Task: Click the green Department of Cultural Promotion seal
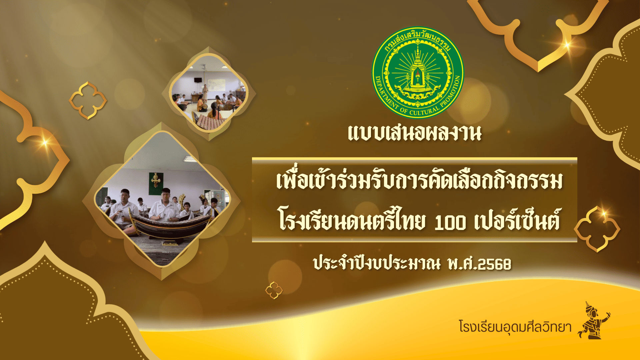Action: click(418, 72)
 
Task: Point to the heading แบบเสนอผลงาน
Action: click(415, 133)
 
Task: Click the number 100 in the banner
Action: click(450, 222)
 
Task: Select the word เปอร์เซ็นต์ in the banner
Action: click(518, 220)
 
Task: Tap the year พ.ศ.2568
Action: click(480, 264)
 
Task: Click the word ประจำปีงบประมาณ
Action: click(377, 263)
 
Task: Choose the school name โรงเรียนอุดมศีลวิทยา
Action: click(515, 327)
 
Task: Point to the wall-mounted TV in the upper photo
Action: click(198, 80)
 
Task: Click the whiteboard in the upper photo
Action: click(217, 85)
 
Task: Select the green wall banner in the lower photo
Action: click(155, 184)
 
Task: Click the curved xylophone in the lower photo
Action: click(170, 227)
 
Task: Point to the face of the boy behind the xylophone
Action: click(166, 194)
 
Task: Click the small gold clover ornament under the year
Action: click(274, 290)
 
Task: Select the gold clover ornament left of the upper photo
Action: click(88, 100)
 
